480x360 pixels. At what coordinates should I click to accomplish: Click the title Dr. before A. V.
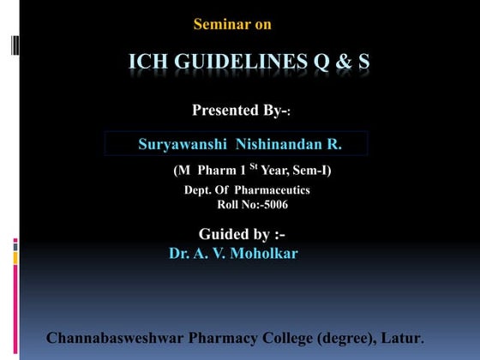[178, 253]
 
